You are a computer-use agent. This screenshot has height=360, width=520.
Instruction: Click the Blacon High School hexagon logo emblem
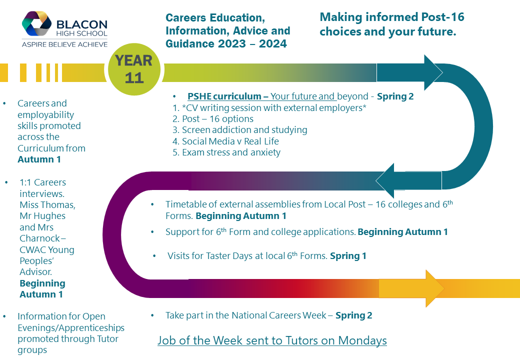tap(37, 23)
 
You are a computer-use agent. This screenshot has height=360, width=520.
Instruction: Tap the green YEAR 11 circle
tap(134, 69)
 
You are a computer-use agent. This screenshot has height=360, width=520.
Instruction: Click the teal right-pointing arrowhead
tap(433, 72)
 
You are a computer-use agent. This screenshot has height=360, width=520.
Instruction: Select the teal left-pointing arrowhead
tap(385, 180)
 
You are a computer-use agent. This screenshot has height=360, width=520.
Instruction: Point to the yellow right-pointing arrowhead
tap(435, 288)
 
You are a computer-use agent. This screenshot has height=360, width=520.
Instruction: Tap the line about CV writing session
tap(269, 107)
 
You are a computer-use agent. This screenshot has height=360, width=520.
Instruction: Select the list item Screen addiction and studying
tap(240, 130)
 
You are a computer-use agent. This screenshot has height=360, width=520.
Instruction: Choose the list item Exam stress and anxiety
tap(227, 152)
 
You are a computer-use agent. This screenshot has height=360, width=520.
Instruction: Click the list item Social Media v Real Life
tap(226, 141)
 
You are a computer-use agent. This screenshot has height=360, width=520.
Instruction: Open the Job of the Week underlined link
tap(272, 340)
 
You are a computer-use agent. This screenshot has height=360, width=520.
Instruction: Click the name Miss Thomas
tap(47, 205)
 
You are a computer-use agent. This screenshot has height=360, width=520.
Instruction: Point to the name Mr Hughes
tap(42, 216)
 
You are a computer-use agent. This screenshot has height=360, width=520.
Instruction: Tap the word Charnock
tap(40, 238)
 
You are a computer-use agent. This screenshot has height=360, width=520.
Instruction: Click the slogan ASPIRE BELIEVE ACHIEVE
tap(64, 44)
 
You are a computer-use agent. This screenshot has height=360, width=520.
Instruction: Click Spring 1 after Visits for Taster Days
tap(348, 256)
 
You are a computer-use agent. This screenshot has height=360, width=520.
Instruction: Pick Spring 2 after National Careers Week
tap(354, 315)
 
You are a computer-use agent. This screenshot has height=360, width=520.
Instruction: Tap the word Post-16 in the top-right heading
tap(442, 17)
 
